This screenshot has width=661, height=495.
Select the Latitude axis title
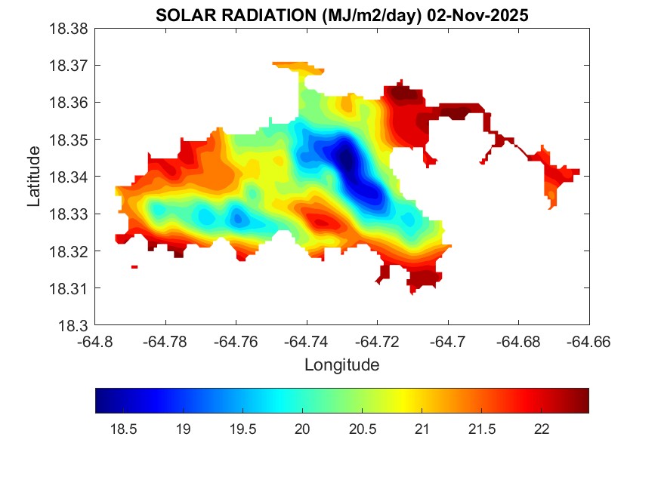(34, 177)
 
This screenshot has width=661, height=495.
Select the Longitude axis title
(341, 365)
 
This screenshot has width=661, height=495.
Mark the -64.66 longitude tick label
(589, 342)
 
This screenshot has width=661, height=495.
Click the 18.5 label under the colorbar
(123, 429)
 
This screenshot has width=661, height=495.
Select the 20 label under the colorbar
(302, 429)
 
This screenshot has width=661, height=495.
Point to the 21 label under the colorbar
(422, 429)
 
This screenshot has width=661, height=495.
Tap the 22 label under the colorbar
(541, 429)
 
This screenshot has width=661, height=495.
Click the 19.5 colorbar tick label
(242, 429)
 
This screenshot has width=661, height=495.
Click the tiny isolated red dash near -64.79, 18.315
(134, 266)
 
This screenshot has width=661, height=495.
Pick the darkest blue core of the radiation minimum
(345, 159)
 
